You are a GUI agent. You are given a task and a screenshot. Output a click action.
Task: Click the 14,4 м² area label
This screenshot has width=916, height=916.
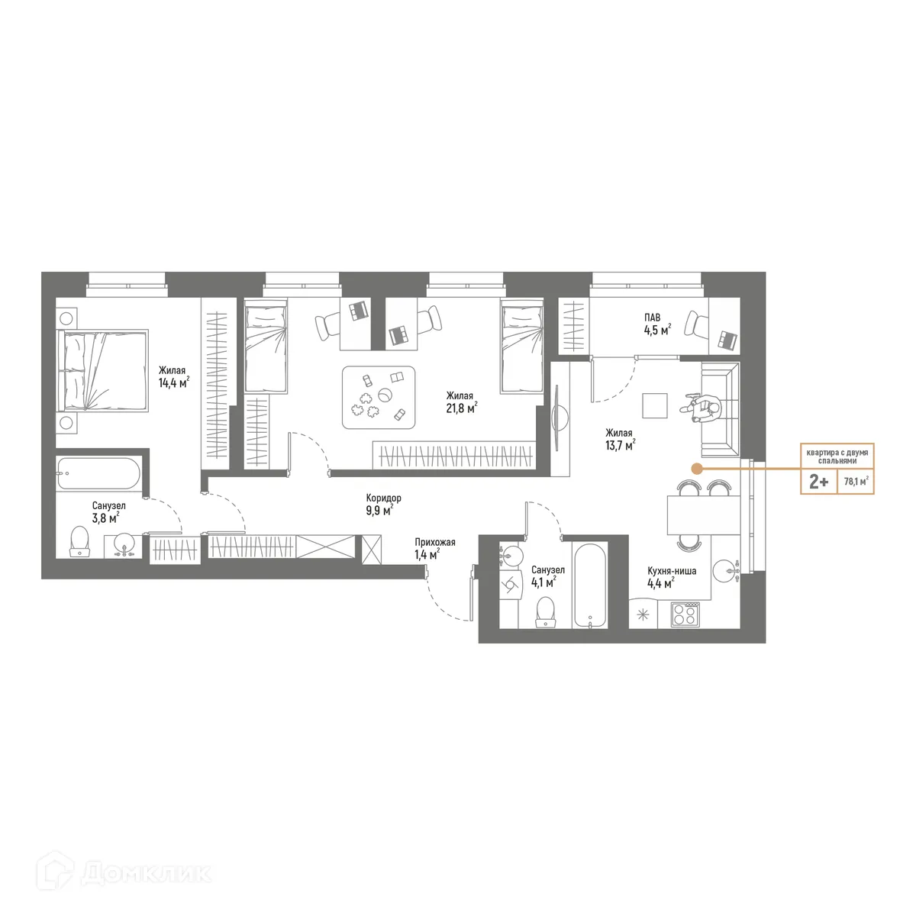click(x=173, y=383)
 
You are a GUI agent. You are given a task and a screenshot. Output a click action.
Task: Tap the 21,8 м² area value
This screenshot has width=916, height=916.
click(x=461, y=408)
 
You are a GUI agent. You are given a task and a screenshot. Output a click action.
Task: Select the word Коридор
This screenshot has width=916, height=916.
click(x=383, y=498)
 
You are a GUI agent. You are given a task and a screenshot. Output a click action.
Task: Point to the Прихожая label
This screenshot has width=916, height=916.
click(x=434, y=542)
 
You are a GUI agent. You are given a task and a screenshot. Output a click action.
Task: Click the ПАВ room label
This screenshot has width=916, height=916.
click(x=652, y=318)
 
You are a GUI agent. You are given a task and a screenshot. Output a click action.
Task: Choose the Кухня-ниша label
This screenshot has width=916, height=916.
click(x=671, y=570)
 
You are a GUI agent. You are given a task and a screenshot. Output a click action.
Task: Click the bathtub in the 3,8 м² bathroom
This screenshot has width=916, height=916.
click(x=98, y=475)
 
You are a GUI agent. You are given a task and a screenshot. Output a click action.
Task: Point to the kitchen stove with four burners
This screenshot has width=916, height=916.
click(x=685, y=614)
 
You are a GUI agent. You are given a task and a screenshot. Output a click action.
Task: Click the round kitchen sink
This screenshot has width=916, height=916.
click(x=726, y=570)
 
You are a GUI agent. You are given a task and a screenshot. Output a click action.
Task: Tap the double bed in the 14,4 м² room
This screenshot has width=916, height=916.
click(x=102, y=371)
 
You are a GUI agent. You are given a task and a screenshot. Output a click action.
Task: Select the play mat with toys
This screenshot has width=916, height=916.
click(x=379, y=398)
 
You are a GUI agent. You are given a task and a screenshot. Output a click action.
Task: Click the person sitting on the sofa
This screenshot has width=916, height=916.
click(x=705, y=408)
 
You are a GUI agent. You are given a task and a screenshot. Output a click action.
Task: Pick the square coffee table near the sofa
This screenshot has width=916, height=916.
click(x=655, y=405)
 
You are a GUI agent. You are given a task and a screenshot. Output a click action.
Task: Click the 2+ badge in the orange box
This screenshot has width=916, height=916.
click(x=818, y=482)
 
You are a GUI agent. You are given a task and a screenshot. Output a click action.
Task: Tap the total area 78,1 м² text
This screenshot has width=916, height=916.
click(x=856, y=482)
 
